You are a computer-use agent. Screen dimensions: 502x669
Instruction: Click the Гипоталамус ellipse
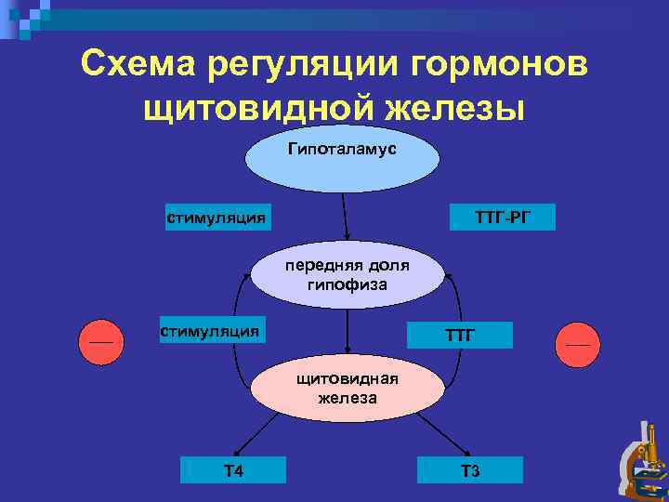342,158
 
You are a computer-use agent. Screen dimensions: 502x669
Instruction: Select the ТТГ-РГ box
503,218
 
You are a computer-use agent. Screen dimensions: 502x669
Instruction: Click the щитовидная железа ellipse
347,389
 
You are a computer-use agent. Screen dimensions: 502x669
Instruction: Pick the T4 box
233,470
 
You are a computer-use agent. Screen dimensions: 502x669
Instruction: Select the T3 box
469,470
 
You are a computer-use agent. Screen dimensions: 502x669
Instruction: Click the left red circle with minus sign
100,342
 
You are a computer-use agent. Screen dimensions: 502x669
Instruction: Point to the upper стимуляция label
216,218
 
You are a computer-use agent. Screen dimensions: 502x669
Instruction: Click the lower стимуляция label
209,330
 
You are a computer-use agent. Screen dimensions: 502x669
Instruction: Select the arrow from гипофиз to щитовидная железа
347,332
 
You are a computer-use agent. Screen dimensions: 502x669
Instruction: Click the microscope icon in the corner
643,462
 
